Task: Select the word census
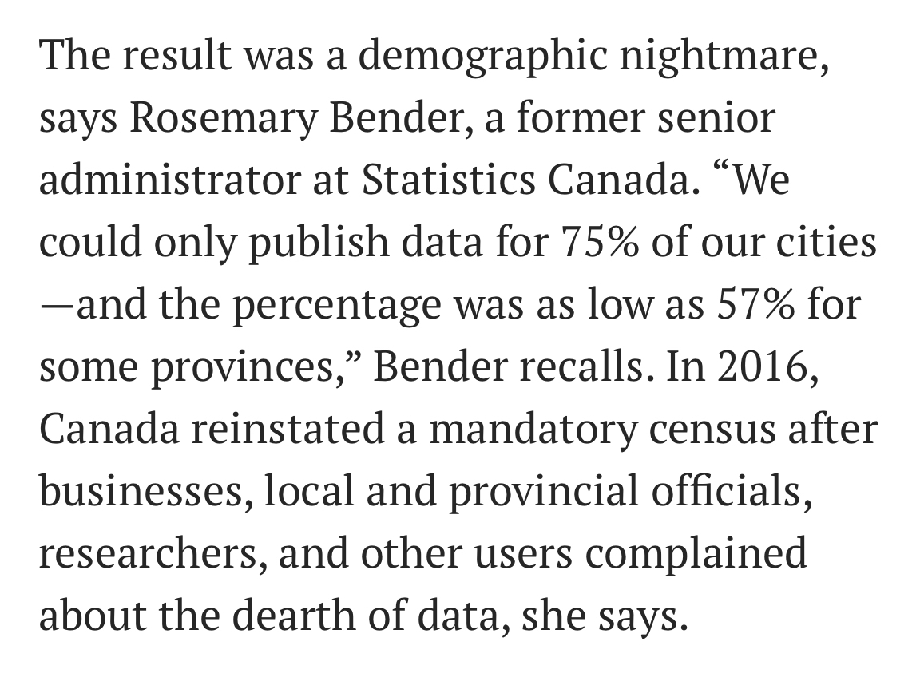coord(717,429)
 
